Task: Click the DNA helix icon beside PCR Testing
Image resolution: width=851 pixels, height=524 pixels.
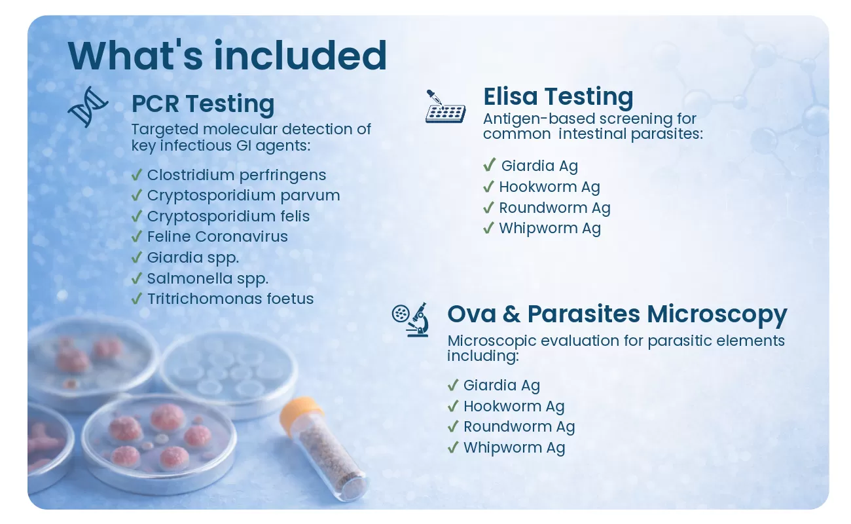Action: [x=88, y=107]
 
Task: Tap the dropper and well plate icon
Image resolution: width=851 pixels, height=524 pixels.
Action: [x=445, y=107]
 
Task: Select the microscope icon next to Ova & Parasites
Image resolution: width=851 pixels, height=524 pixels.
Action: [x=410, y=320]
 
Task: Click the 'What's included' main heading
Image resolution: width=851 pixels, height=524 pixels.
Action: [x=227, y=56]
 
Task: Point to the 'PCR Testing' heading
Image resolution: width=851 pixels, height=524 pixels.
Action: [x=203, y=103]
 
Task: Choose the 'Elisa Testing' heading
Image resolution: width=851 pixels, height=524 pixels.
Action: [x=558, y=96]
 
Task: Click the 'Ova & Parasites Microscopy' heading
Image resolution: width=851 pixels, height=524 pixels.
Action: [x=617, y=314]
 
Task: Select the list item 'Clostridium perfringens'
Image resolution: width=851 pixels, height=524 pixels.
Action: [x=237, y=176]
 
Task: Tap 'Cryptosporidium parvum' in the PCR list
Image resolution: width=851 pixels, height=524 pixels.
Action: [x=244, y=196]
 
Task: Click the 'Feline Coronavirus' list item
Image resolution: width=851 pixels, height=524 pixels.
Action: [x=217, y=236]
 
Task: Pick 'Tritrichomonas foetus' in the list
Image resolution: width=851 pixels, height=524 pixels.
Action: [x=230, y=299]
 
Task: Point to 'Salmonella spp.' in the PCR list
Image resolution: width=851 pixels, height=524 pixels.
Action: [x=208, y=279]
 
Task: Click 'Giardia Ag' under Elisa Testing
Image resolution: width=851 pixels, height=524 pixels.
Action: [x=539, y=166]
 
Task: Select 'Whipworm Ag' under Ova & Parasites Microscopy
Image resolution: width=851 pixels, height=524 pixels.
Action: [x=515, y=448]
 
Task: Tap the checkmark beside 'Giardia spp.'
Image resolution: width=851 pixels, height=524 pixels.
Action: [x=137, y=257]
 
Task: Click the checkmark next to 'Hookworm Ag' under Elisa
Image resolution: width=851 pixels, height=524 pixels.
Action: [x=488, y=186]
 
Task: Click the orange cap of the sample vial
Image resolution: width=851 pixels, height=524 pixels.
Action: [x=300, y=414]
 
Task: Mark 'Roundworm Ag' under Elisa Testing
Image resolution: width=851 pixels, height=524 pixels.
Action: [x=554, y=208]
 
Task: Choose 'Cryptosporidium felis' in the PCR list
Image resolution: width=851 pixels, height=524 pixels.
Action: [x=228, y=216]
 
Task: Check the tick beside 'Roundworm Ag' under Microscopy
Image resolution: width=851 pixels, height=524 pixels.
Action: [x=453, y=426]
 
